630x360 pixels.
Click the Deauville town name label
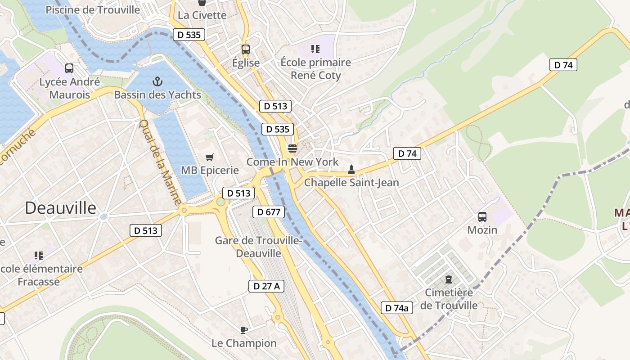[x=60, y=208]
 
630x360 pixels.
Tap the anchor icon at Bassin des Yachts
[x=157, y=81]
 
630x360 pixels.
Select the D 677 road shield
[x=269, y=212]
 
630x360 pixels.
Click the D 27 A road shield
[x=266, y=286]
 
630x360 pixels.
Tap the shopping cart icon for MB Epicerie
[x=209, y=157]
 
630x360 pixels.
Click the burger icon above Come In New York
[x=292, y=148]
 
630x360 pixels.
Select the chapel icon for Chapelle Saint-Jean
[x=351, y=170]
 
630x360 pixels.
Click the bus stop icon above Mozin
[x=482, y=217]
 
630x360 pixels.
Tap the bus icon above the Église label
[x=245, y=49]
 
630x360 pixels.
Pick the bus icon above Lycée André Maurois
[x=69, y=68]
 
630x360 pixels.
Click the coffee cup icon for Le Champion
[x=244, y=330]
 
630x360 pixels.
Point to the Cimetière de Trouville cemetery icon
[x=449, y=279]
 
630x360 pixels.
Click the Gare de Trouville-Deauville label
[x=258, y=247]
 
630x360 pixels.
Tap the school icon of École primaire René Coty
[x=315, y=49]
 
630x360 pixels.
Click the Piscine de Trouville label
[x=93, y=9]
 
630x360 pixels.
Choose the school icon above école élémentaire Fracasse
[x=39, y=256]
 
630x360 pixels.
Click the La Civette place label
[x=202, y=15]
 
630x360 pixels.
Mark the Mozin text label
[x=482, y=230]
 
